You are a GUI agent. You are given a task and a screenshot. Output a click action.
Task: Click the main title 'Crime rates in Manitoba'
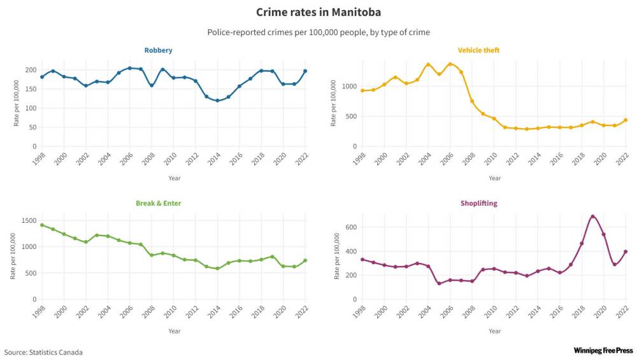(x=318, y=12)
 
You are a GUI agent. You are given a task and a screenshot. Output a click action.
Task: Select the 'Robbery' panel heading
(x=158, y=50)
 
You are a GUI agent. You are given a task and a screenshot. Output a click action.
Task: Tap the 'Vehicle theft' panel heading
(x=478, y=50)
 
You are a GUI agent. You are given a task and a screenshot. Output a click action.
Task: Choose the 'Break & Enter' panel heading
(x=158, y=204)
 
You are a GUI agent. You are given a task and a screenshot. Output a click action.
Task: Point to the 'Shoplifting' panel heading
(x=478, y=204)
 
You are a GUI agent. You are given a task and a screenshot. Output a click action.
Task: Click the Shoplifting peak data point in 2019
(x=593, y=216)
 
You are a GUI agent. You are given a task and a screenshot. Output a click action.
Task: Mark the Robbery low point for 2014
(x=217, y=101)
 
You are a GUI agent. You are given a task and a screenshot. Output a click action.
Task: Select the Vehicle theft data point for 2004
(x=428, y=65)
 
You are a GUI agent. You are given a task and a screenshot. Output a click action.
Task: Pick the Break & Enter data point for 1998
(x=42, y=225)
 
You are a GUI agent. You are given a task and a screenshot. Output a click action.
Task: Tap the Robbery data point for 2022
(x=305, y=71)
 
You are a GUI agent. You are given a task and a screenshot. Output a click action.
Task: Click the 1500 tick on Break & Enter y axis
(x=29, y=220)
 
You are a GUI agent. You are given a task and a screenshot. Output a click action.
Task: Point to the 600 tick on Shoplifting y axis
(x=350, y=227)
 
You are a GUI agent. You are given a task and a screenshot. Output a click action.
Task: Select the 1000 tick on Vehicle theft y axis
(x=348, y=86)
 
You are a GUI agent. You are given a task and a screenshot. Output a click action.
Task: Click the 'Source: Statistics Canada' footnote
(x=43, y=352)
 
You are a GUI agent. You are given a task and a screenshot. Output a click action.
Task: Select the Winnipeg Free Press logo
(x=603, y=351)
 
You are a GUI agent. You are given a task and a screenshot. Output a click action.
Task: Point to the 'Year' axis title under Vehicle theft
(x=494, y=178)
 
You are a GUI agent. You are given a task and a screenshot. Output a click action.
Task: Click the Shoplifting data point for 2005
(x=440, y=283)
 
